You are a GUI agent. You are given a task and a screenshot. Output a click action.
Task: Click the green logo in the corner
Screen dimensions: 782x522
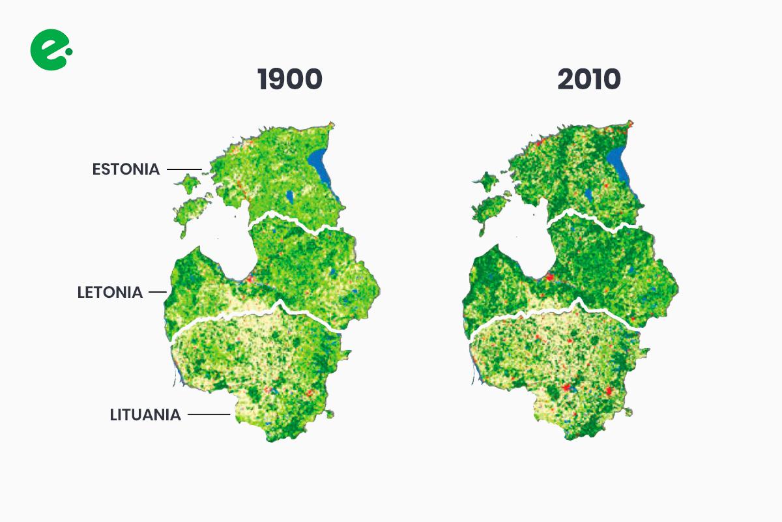(50, 50)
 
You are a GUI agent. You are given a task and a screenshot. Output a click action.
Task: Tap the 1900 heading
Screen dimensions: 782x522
(290, 79)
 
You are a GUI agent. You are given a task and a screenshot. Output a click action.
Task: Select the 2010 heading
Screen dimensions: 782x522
(589, 79)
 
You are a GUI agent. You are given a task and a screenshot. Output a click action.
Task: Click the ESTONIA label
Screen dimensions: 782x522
(126, 169)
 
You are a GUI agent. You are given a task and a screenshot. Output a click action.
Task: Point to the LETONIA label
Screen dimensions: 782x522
(109, 293)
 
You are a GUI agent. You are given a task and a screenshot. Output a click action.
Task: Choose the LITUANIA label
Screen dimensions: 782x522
(145, 414)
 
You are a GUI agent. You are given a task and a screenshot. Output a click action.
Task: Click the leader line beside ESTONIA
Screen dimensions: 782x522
(184, 169)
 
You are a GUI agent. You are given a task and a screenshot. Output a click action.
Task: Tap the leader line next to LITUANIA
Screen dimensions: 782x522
(210, 414)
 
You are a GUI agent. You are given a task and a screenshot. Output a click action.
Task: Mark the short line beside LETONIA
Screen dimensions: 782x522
(158, 293)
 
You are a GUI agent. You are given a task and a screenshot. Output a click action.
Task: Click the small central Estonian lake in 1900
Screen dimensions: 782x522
(289, 195)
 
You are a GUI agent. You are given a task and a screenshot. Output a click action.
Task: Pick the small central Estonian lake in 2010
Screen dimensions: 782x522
(588, 194)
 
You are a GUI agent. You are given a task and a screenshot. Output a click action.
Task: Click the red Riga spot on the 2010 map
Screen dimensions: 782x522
(549, 278)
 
